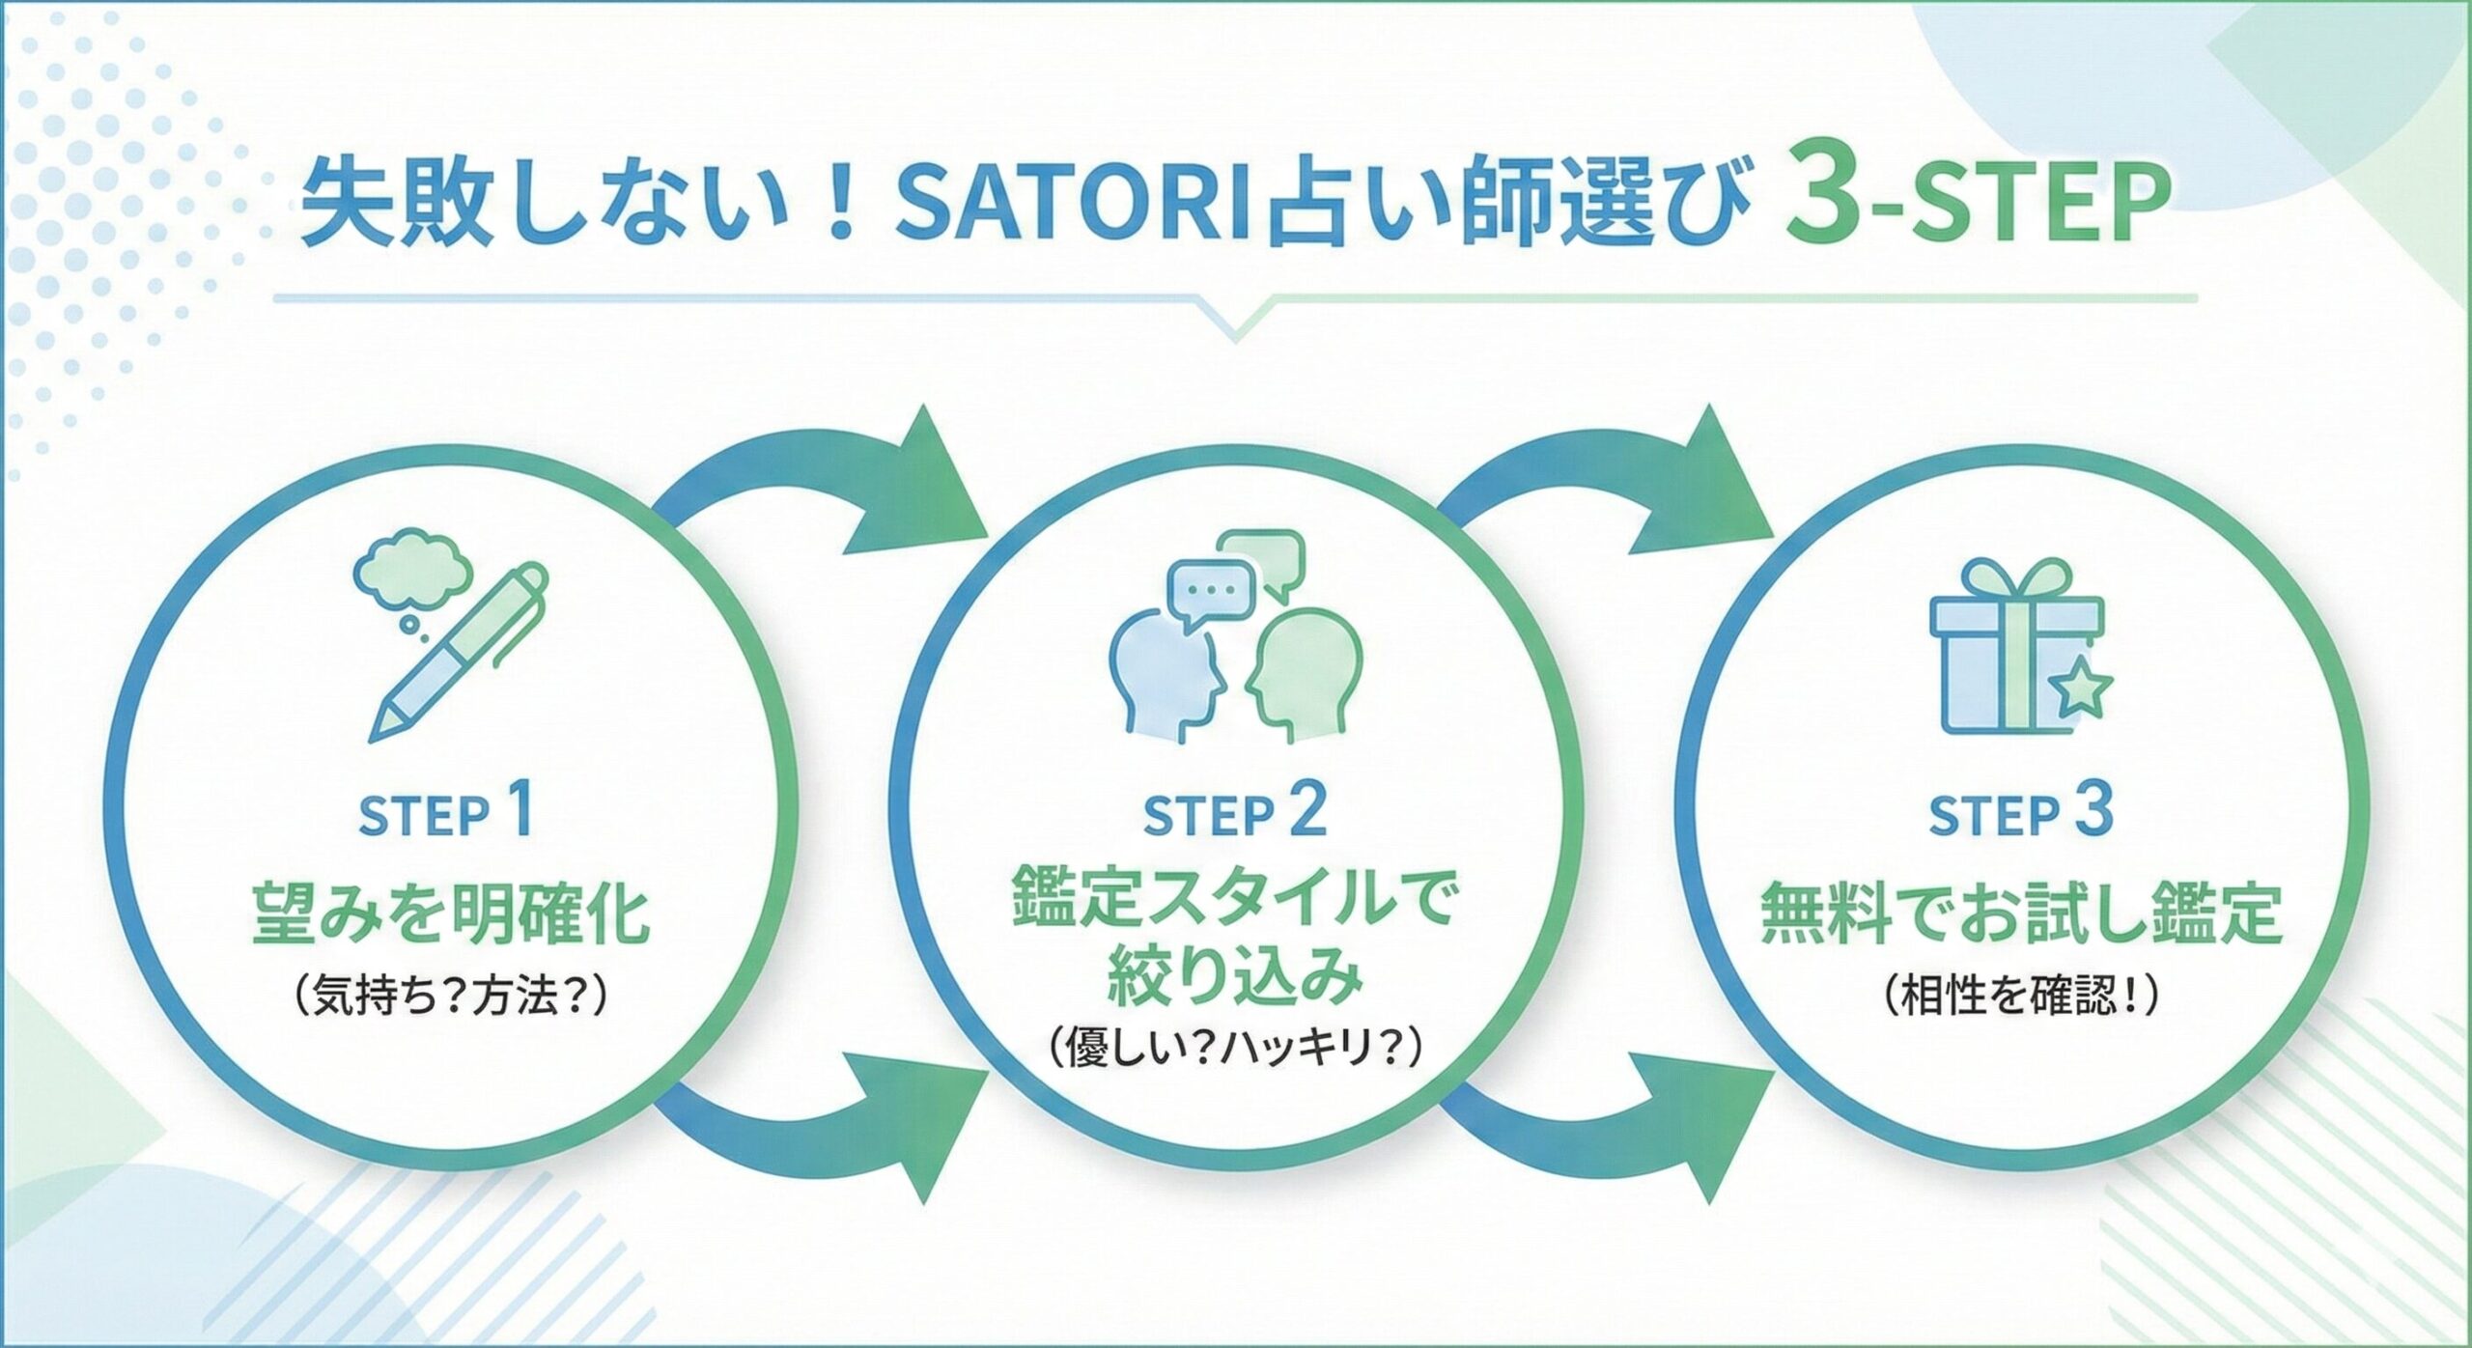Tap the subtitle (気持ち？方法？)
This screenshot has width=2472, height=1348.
point(450,997)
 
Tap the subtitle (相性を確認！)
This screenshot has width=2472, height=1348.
point(2021,997)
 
